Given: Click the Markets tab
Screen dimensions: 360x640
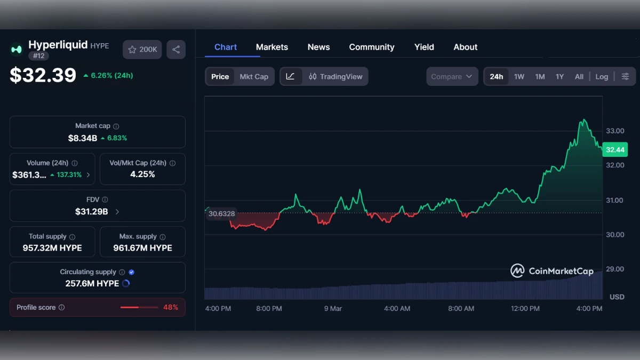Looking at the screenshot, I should click(x=272, y=47).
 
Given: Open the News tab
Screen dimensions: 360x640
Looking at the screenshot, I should click(x=318, y=47).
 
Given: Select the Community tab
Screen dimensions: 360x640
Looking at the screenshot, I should click(x=372, y=47).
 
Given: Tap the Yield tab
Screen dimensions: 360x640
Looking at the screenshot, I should click(x=424, y=47).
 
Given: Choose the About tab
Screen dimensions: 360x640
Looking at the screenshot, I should click(x=465, y=47).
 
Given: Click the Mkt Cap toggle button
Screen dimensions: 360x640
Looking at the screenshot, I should click(x=254, y=76).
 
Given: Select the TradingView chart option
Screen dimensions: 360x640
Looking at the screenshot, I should click(x=335, y=76).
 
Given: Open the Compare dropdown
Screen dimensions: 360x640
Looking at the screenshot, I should click(x=452, y=76).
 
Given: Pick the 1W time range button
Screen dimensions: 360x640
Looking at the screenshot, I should click(x=519, y=76).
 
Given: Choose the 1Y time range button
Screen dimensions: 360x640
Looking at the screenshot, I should click(x=559, y=76).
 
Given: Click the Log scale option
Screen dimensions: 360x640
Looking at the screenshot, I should click(x=602, y=76).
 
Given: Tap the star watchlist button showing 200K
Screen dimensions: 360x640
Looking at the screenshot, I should click(x=142, y=50).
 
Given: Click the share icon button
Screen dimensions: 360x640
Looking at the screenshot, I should click(x=176, y=50).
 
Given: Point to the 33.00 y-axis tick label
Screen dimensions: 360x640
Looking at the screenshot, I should click(x=615, y=131).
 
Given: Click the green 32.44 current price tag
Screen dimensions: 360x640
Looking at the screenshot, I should click(x=615, y=150).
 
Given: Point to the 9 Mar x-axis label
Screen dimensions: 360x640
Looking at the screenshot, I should click(x=333, y=308).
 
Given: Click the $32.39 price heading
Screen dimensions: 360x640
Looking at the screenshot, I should click(x=43, y=75).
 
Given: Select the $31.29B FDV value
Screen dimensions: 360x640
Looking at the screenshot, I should click(x=92, y=212).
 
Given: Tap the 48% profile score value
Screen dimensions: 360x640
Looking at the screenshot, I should click(x=171, y=307).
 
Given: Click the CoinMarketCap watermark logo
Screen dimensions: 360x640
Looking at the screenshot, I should click(x=551, y=271).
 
